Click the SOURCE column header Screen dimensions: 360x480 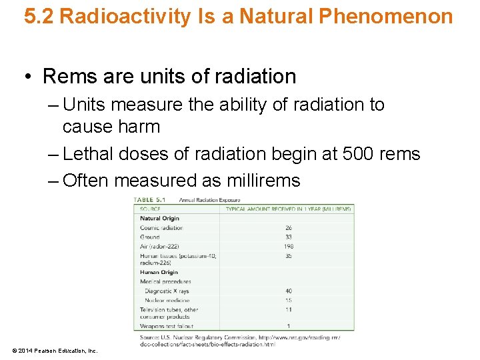pos(150,209)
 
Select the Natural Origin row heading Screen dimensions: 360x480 pos(159,218)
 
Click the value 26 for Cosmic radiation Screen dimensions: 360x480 pos(288,227)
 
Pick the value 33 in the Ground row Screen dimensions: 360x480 pos(288,237)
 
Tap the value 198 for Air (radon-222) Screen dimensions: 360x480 pos(288,246)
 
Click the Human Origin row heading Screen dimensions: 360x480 pos(159,272)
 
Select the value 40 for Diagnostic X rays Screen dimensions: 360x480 pos(288,291)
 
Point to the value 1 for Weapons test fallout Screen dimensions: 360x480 pos(288,326)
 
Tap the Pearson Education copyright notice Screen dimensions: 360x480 pos(55,351)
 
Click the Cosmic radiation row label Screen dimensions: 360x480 pos(161,227)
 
